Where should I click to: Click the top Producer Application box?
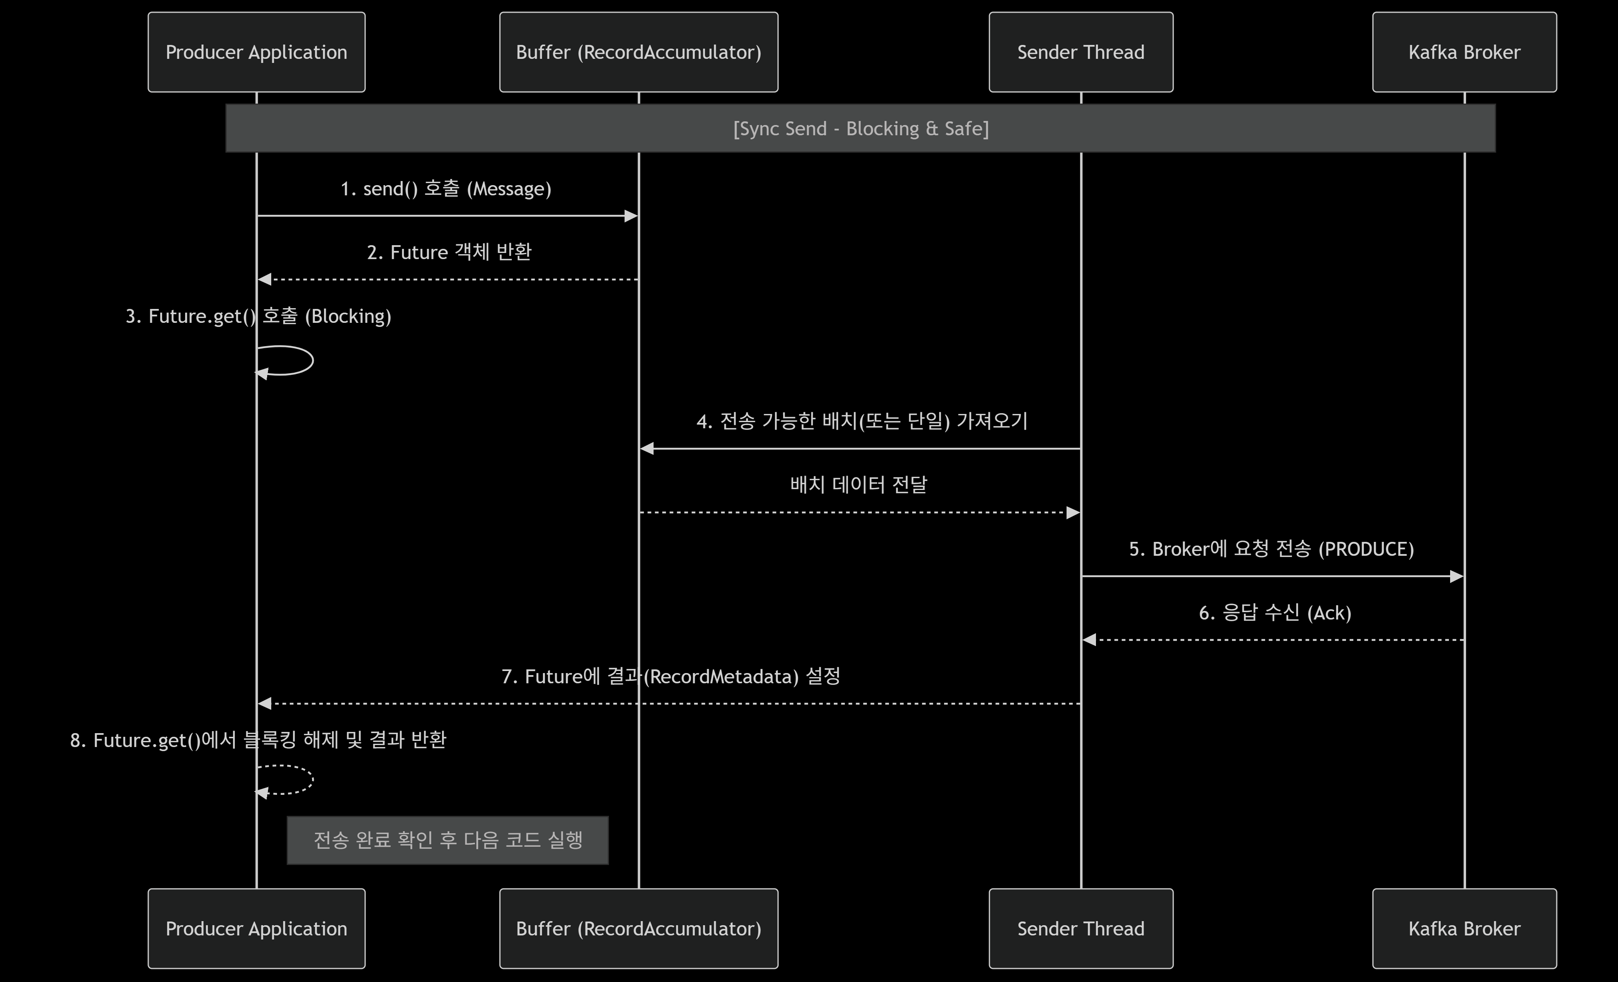tap(256, 52)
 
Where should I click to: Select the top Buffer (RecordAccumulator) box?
tap(638, 52)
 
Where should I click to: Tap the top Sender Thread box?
tap(1081, 52)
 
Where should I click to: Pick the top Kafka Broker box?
tap(1464, 52)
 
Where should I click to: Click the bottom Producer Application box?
tap(256, 928)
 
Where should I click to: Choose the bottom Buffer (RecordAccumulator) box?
tap(638, 928)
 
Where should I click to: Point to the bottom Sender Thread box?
tap(1081, 928)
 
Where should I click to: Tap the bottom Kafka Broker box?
tap(1464, 928)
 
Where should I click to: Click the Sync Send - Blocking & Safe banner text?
tap(860, 128)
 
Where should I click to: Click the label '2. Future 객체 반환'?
tap(449, 252)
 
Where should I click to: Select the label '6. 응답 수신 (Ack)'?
tap(1274, 613)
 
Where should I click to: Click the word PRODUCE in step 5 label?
tap(1366, 549)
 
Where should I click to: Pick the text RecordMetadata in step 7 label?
tap(720, 677)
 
